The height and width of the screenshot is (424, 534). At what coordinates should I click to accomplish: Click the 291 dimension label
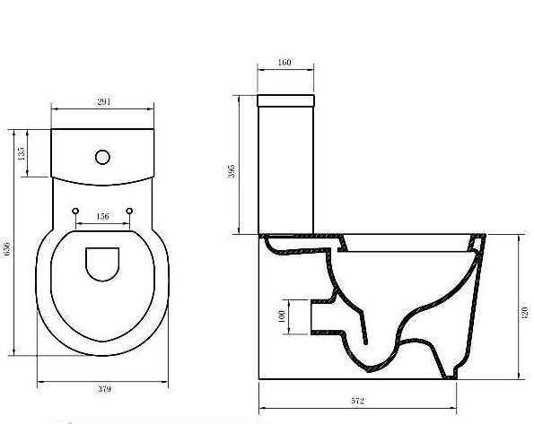click(x=103, y=102)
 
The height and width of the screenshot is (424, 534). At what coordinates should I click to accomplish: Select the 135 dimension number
click(x=22, y=153)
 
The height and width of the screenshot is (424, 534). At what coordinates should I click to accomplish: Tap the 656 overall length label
click(x=6, y=248)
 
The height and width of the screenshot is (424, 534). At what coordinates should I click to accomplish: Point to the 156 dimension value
click(x=103, y=216)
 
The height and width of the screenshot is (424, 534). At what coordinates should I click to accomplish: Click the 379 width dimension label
click(x=104, y=389)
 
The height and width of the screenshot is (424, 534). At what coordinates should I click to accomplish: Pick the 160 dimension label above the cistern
click(x=285, y=62)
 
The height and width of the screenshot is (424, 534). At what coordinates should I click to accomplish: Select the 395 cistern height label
click(x=232, y=171)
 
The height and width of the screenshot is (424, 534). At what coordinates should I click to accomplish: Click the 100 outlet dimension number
click(x=282, y=316)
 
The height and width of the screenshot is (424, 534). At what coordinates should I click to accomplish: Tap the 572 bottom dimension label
click(x=357, y=402)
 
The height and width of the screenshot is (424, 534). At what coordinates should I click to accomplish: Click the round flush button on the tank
click(x=102, y=157)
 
